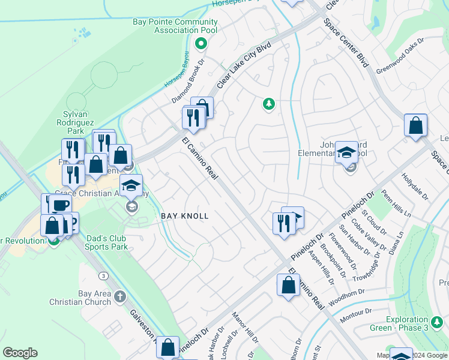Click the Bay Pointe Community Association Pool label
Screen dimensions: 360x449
tap(174, 27)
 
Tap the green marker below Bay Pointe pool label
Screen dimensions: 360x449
tap(202, 43)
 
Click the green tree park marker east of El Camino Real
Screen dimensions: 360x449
tap(269, 104)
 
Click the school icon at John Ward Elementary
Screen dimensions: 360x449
tap(346, 154)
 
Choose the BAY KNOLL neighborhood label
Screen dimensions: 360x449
tap(185, 216)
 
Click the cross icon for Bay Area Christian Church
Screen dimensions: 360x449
tap(120, 296)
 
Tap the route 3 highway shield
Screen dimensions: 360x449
tap(104, 275)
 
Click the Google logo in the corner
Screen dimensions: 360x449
tap(20, 353)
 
